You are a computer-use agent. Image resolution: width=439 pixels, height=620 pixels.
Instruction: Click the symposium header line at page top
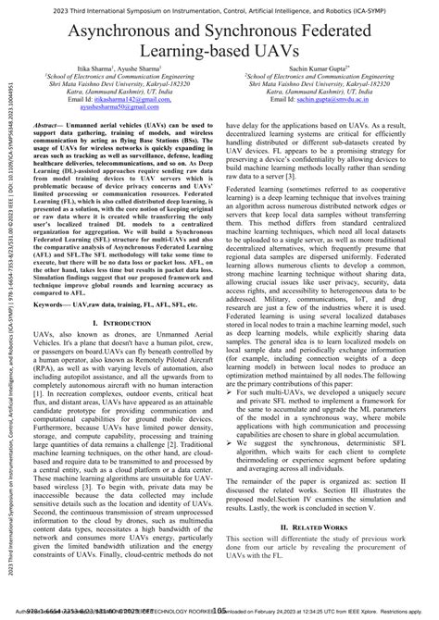point(219,7)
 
